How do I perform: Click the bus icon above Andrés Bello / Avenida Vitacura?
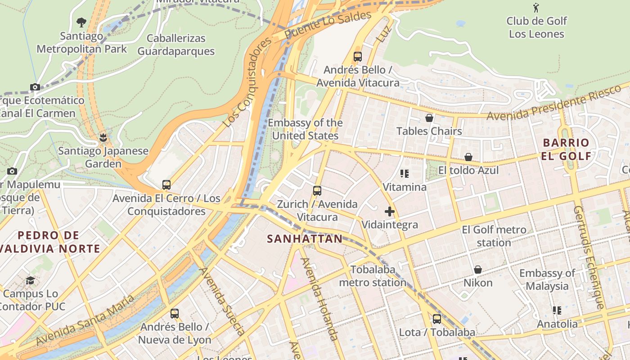click(358, 57)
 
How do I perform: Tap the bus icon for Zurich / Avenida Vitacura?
click(317, 191)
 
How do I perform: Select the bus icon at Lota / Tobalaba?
click(437, 319)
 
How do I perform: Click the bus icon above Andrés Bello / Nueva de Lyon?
click(175, 314)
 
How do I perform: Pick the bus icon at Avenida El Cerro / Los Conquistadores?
click(166, 185)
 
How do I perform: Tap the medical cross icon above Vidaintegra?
click(390, 211)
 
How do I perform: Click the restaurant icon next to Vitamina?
click(405, 174)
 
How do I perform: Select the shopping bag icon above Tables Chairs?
click(429, 118)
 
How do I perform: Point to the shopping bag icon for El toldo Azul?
click(468, 157)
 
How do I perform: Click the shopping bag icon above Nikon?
click(478, 270)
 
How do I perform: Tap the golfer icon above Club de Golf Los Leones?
click(536, 8)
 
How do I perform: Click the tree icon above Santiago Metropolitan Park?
click(81, 22)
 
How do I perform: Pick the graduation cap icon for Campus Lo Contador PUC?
click(30, 280)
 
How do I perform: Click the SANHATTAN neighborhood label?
click(305, 239)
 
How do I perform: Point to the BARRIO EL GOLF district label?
click(566, 149)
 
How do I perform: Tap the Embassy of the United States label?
click(305, 129)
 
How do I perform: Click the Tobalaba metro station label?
click(373, 276)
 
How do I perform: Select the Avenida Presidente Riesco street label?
click(558, 102)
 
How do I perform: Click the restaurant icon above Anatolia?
click(557, 310)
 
